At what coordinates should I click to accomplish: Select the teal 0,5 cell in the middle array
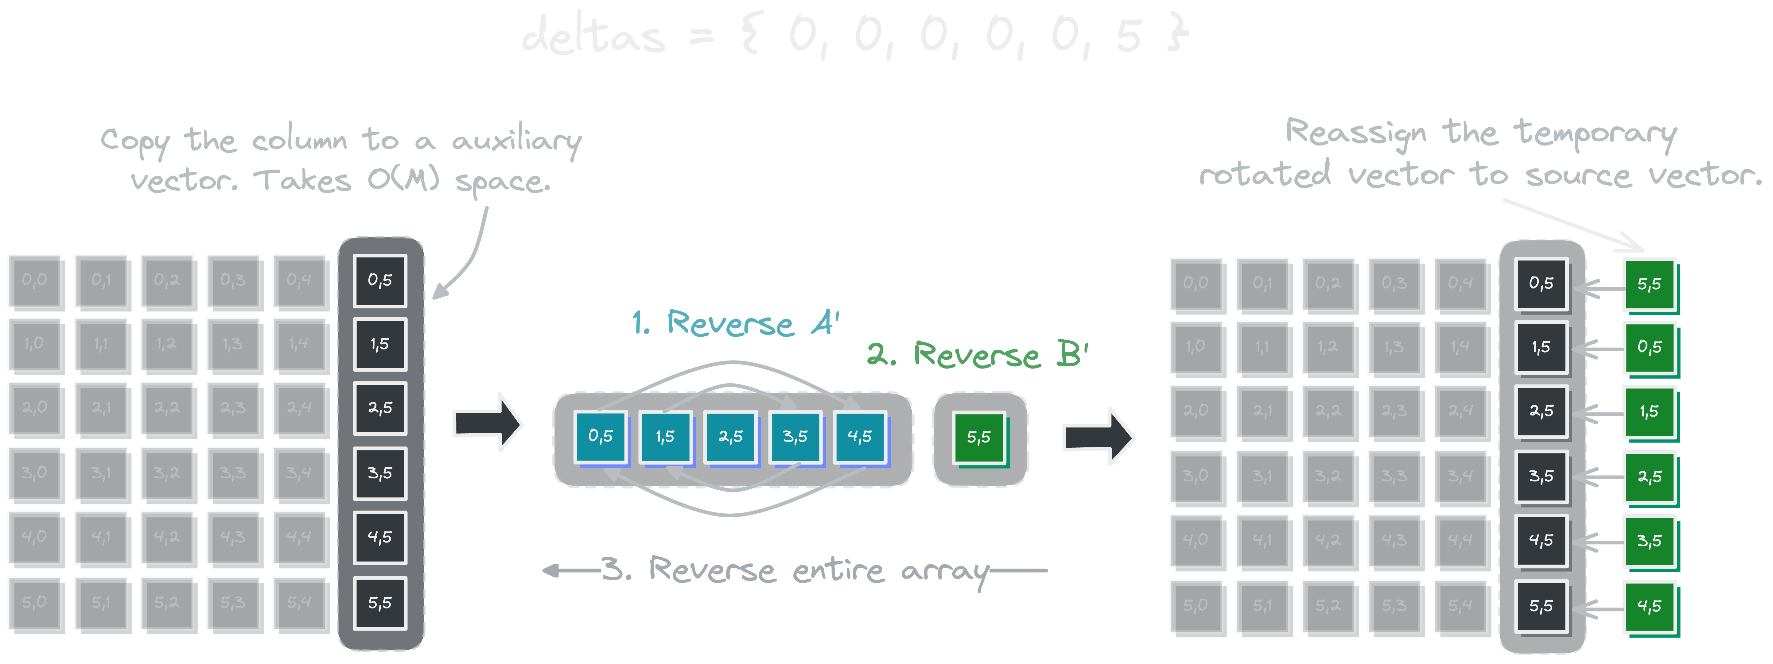pos(600,436)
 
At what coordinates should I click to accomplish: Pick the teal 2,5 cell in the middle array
pos(730,436)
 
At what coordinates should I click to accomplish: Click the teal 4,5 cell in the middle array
pos(860,436)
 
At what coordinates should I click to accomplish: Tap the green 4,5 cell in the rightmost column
pos(1649,606)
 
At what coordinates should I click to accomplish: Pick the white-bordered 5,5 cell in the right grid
pos(1541,606)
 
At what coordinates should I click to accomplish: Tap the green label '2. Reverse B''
pos(977,355)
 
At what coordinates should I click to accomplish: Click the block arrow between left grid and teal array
pos(487,423)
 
